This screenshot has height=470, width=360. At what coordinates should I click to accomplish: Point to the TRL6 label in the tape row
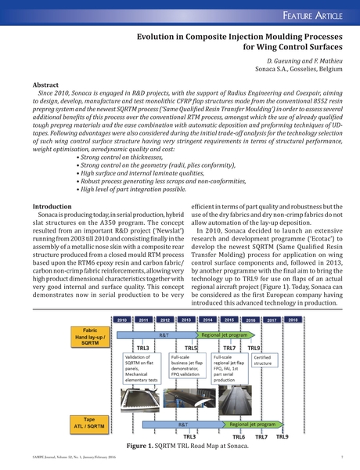point(239,436)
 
